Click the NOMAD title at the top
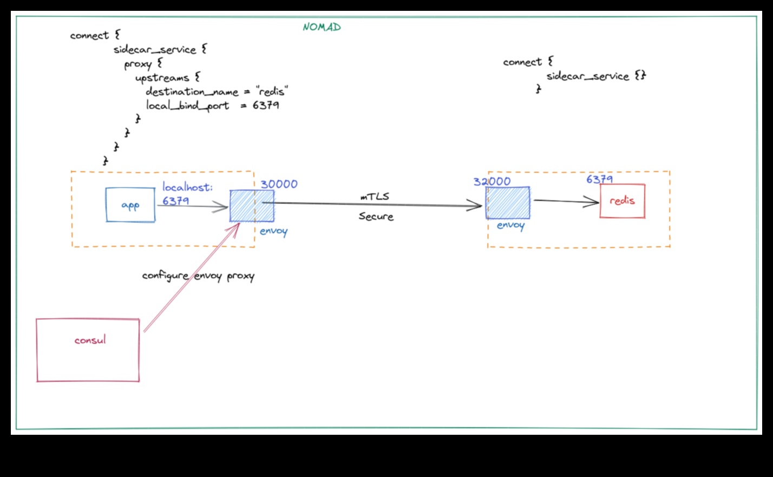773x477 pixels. click(x=322, y=27)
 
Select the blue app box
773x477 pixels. click(x=130, y=205)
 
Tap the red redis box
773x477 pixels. click(x=622, y=201)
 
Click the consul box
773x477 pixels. click(x=88, y=350)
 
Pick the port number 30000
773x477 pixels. click(x=279, y=184)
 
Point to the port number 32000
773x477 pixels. click(x=492, y=181)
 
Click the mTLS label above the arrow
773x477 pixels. click(x=375, y=197)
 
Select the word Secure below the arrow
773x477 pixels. click(x=376, y=217)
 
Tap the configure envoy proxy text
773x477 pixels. click(x=198, y=276)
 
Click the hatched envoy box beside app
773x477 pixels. click(x=251, y=206)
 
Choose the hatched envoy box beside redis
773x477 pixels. click(x=508, y=202)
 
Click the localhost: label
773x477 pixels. click(x=188, y=187)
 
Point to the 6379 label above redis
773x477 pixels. click(x=599, y=179)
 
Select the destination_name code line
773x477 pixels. click(x=217, y=91)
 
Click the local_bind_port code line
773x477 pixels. click(x=212, y=106)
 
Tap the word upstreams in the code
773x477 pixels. click(x=162, y=78)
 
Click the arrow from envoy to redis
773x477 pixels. click(x=565, y=201)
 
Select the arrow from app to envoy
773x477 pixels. click(x=192, y=206)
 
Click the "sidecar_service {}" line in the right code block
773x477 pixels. click(x=595, y=76)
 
